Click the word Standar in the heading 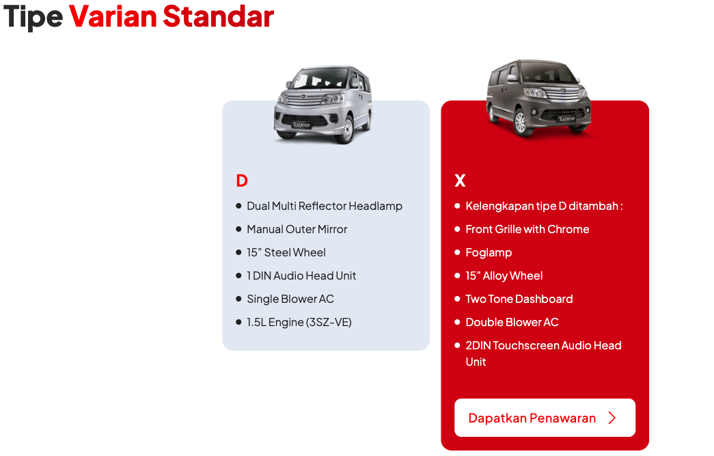218,16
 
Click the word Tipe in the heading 33,18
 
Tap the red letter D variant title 242,181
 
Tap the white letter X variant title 460,181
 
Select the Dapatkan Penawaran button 545,418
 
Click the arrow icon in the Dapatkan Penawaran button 612,418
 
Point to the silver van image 323,105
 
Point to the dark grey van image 539,98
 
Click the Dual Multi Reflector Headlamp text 325,206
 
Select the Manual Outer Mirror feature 297,229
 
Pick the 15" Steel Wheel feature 286,252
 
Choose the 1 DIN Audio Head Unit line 301,276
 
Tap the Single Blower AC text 290,299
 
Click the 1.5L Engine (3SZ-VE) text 299,322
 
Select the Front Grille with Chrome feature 527,229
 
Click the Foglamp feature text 489,253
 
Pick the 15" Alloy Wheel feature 504,276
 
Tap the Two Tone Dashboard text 519,299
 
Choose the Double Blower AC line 512,322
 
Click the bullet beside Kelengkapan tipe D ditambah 457,206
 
